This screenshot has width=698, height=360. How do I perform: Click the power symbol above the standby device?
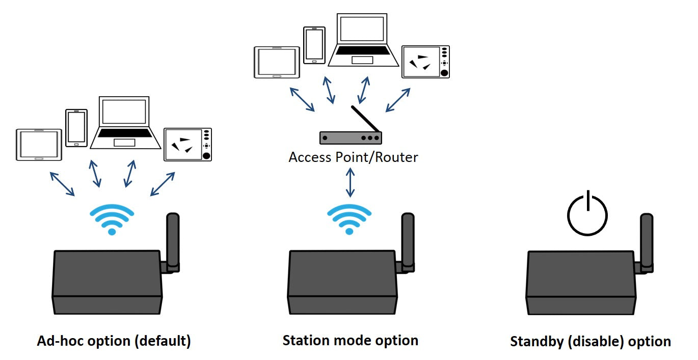[x=587, y=214]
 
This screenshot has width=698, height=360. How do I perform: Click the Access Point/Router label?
[x=353, y=157]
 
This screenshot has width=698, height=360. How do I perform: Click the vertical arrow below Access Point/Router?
[x=350, y=182]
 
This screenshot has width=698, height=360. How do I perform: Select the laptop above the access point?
[x=363, y=41]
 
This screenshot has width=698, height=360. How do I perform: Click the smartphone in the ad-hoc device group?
[x=76, y=128]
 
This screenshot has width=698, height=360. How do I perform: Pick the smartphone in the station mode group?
[x=314, y=45]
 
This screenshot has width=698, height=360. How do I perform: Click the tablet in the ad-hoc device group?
[x=39, y=145]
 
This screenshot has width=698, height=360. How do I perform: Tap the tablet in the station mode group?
[x=277, y=62]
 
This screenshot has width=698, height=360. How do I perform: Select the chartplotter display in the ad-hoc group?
[x=187, y=145]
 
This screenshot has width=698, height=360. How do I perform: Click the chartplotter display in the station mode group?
[x=425, y=62]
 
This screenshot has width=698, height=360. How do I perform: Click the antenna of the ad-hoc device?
[x=173, y=239]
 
